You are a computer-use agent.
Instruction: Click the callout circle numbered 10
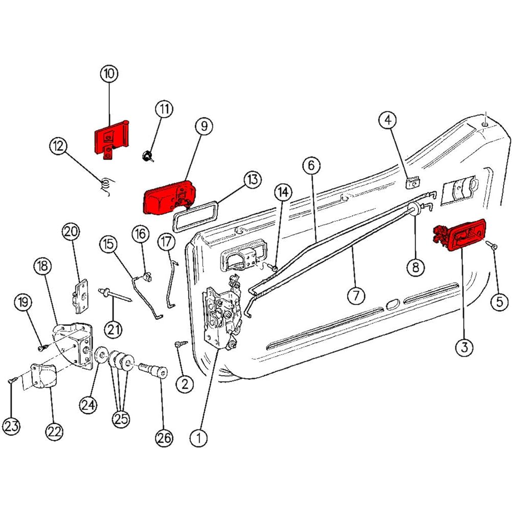[109, 73]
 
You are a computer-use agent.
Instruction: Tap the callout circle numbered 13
[252, 179]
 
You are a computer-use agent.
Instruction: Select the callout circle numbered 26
[164, 438]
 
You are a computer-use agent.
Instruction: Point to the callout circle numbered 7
[356, 296]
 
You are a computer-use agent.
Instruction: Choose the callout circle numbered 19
[23, 302]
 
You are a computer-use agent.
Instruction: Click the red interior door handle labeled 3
[460, 235]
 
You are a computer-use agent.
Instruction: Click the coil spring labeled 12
[105, 186]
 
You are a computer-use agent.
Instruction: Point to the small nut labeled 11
[147, 156]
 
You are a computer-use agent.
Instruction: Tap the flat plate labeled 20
[80, 296]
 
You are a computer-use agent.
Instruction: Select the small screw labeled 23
[13, 379]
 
